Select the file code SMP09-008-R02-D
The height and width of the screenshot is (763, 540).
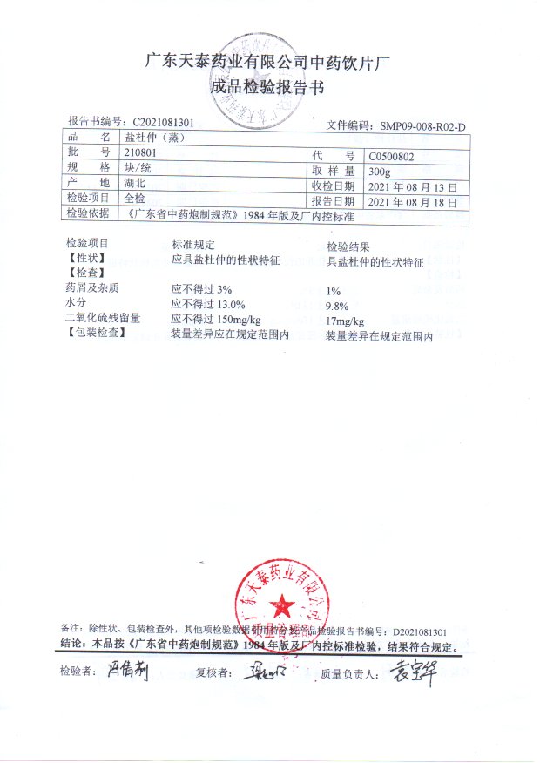tap(423, 127)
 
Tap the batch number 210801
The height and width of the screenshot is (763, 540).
tap(140, 153)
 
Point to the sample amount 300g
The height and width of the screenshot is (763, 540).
tap(381, 172)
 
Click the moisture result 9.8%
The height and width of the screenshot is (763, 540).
tap(336, 306)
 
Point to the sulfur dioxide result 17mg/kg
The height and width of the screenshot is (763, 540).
tap(345, 321)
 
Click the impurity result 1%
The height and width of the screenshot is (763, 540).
tap(332, 291)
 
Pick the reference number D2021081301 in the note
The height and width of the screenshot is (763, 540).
tap(419, 630)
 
